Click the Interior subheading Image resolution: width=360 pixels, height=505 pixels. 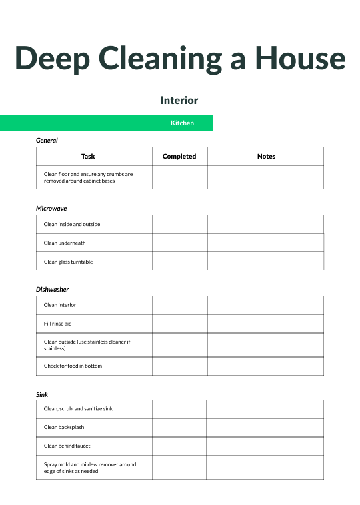(179, 101)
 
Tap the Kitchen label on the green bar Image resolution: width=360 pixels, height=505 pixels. (182, 123)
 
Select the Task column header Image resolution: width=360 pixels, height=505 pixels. (88, 157)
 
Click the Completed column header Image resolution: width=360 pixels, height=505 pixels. (179, 157)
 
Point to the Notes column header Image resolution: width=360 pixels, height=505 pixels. (266, 157)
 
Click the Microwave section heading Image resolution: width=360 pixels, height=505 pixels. (51, 209)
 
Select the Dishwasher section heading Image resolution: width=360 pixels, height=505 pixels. (52, 290)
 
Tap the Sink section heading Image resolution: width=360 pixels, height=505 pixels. (42, 395)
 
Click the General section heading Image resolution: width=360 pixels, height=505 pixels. (47, 141)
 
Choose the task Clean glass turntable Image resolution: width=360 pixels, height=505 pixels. (68, 262)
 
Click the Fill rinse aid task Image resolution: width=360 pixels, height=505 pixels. (57, 324)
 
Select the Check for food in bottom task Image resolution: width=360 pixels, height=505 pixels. (73, 366)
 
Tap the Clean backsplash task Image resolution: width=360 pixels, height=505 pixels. (64, 427)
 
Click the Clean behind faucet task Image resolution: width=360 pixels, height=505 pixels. (67, 446)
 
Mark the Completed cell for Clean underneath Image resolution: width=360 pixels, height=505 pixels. (179, 243)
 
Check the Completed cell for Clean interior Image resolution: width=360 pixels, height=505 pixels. (179, 305)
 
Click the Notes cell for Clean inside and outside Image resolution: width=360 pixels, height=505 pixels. (265, 224)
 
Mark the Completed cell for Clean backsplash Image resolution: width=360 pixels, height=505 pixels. (179, 427)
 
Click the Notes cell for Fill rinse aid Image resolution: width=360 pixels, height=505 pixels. (265, 324)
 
